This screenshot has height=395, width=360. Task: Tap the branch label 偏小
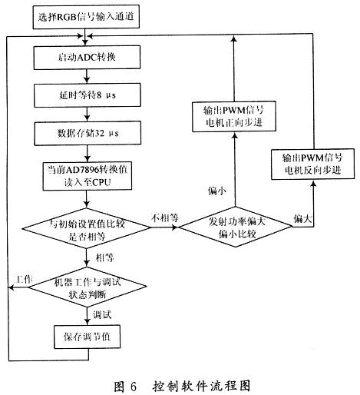pos(218,189)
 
